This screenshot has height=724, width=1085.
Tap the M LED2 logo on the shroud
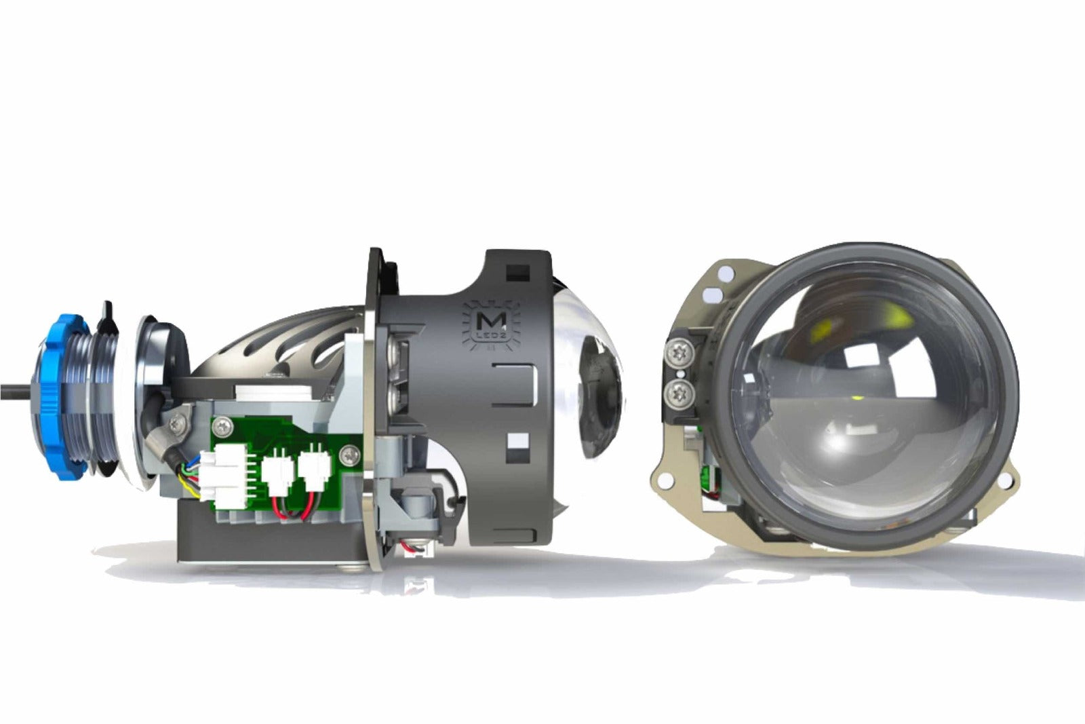(491, 324)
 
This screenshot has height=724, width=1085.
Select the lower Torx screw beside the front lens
(678, 390)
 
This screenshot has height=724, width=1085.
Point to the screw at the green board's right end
(349, 452)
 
